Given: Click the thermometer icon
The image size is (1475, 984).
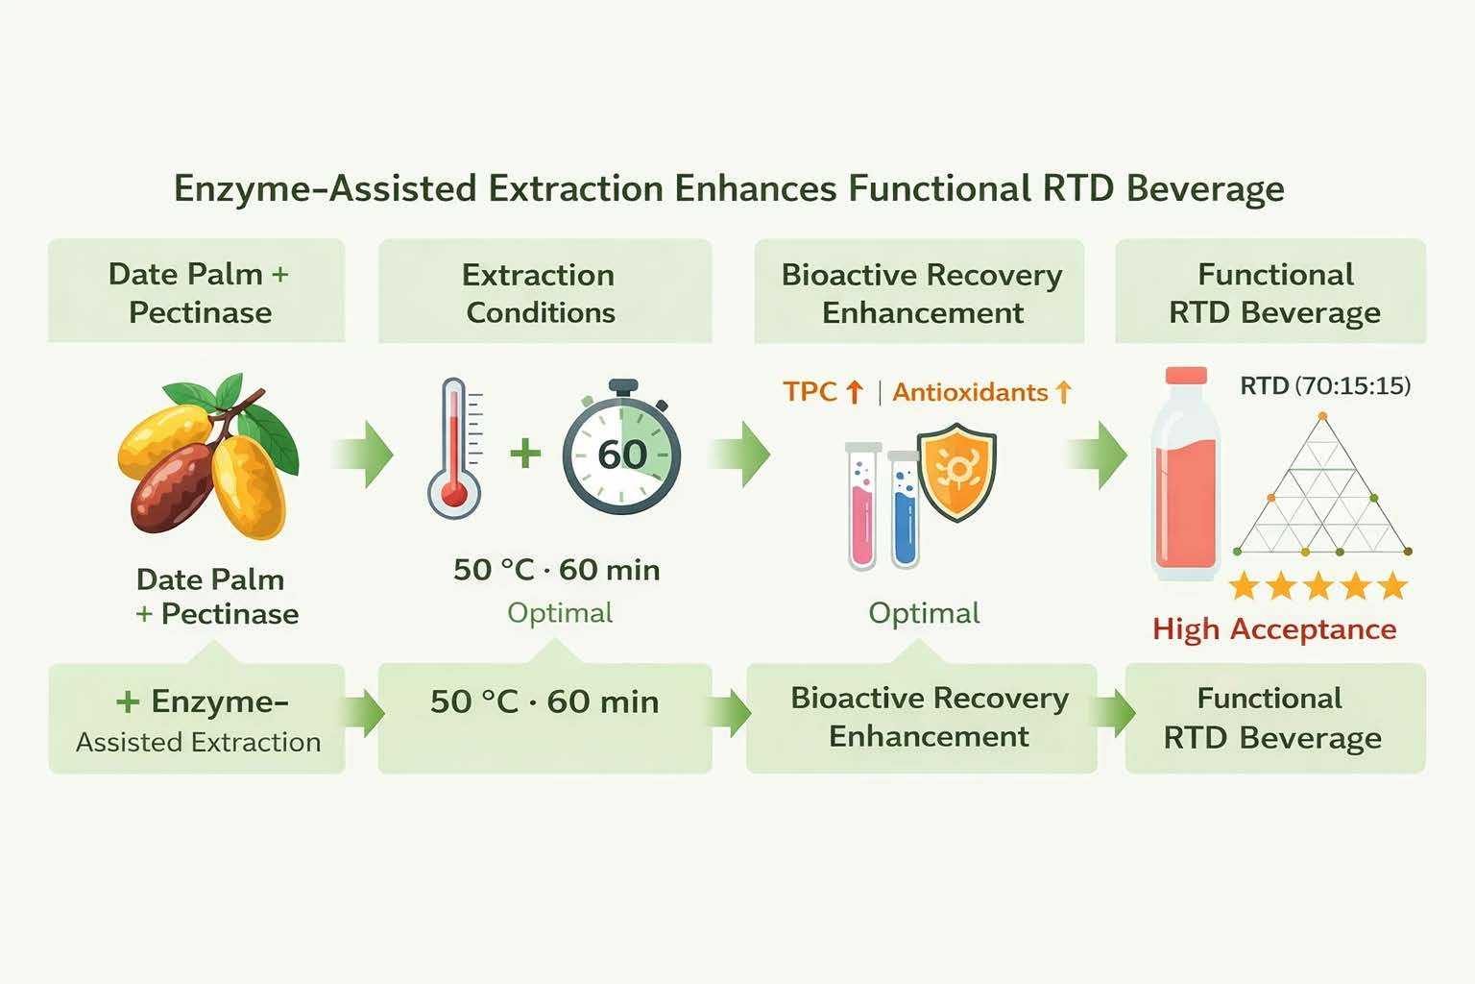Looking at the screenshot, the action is tap(455, 448).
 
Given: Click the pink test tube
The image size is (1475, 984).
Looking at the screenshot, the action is tap(862, 506).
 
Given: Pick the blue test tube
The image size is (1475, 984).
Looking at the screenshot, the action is tap(904, 509).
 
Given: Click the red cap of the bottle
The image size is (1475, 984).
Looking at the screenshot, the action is tap(1186, 376).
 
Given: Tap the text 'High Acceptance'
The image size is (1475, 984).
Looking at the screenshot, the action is tap(1274, 629).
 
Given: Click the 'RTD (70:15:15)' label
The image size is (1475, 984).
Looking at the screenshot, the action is tap(1325, 385).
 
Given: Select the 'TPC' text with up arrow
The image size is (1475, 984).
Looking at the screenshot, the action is tap(823, 392).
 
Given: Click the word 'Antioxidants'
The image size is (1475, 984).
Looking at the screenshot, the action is tap(970, 393).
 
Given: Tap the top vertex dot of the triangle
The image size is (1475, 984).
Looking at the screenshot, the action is tap(1322, 416).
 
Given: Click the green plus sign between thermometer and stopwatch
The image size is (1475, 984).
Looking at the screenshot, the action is tap(525, 454).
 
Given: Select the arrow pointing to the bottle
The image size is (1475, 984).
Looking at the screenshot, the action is tap(1097, 455).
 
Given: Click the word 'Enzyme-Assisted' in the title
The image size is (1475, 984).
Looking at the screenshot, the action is tap(324, 188).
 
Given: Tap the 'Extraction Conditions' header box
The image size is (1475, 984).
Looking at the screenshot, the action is tap(544, 290).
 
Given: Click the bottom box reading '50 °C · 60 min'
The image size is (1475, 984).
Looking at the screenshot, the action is tap(544, 718).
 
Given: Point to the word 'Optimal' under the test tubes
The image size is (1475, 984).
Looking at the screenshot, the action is tap(924, 613).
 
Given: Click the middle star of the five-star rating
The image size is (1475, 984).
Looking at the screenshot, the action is tap(1318, 585).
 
